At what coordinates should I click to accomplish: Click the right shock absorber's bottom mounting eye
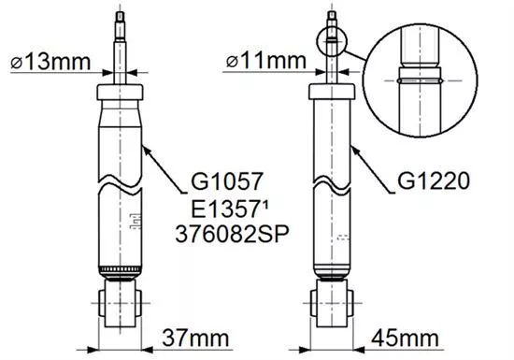[332, 305]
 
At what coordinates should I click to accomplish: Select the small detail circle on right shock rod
[332, 41]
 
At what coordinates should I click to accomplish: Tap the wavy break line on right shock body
[332, 180]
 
